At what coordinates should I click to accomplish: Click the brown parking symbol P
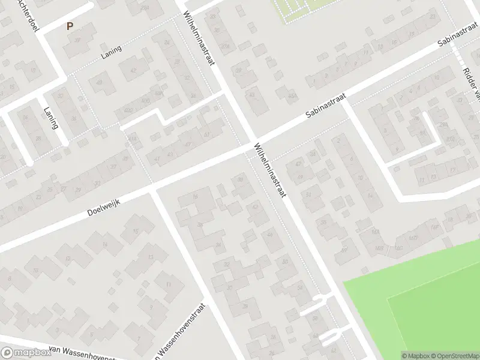(70, 26)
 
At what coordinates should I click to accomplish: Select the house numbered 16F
(433, 227)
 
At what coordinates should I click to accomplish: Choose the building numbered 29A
(443, 124)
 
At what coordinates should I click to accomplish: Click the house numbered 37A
(226, 46)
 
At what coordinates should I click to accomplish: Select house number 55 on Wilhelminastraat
(324, 223)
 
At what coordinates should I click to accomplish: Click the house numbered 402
(127, 110)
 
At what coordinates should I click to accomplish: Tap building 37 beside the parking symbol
(78, 41)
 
